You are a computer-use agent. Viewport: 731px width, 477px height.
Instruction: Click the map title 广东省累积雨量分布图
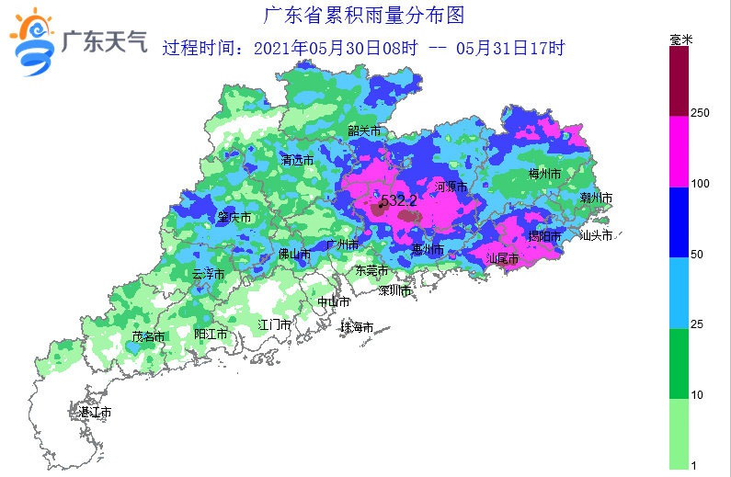click(364, 16)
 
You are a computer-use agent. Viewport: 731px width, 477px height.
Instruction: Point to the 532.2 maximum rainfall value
click(398, 199)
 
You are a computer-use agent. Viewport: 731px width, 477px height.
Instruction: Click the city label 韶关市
click(364, 131)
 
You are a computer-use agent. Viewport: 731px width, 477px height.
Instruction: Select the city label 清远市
click(297, 160)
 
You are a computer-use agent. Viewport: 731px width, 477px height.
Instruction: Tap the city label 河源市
click(451, 187)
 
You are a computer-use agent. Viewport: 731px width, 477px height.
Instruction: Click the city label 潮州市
click(597, 198)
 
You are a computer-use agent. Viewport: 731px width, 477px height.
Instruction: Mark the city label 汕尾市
click(503, 259)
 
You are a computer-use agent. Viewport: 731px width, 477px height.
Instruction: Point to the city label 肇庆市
click(234, 218)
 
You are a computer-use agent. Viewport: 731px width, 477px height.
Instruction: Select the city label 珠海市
click(356, 327)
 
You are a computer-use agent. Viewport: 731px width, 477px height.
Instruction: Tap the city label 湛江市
click(95, 413)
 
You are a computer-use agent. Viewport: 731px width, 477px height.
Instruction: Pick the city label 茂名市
click(148, 336)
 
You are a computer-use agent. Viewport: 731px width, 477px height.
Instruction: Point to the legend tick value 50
click(696, 254)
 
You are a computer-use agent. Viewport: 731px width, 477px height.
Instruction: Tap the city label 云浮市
click(208, 274)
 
